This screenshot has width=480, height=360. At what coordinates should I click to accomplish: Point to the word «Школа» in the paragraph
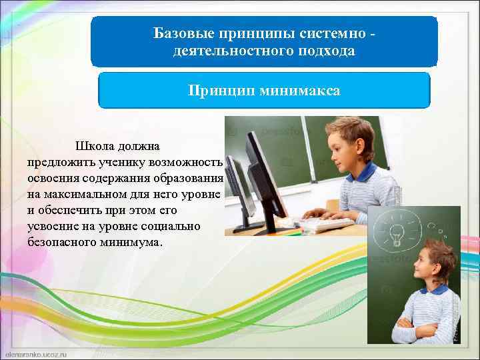[x=93, y=146]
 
